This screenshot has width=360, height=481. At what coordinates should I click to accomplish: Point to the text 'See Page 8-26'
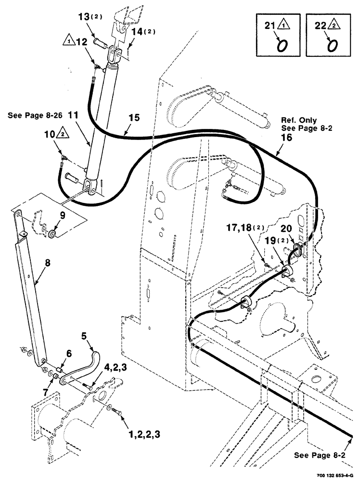[36, 116]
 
